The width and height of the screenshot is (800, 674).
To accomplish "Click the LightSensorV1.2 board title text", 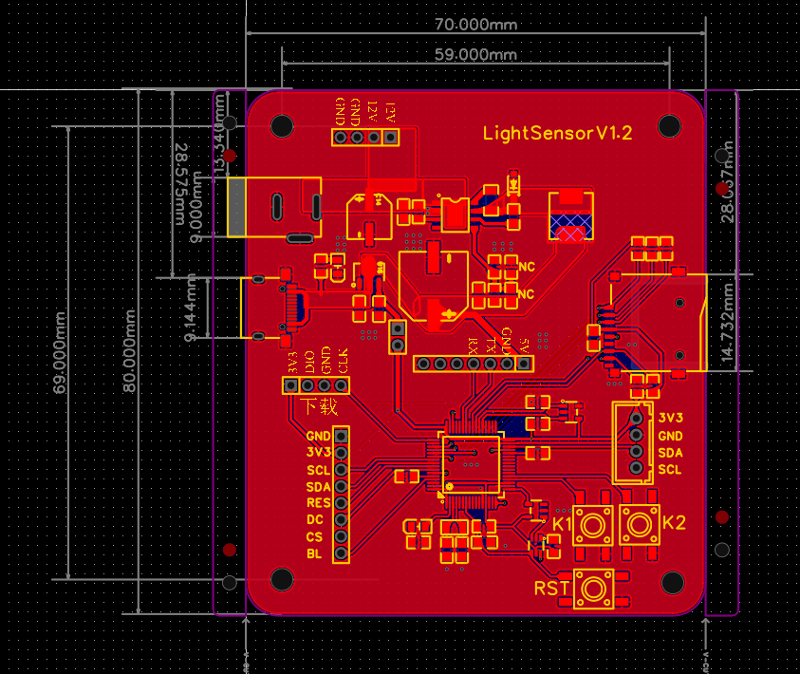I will [x=557, y=133].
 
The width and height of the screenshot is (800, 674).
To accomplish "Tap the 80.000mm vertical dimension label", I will [x=130, y=349].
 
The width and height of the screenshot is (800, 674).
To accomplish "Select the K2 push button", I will [x=640, y=524].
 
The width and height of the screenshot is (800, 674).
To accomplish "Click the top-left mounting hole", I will [x=282, y=125].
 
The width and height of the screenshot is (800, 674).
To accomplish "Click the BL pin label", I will [x=313, y=554].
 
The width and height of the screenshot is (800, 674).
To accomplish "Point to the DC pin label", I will [x=314, y=520].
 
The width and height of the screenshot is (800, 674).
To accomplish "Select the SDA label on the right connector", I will [x=670, y=453].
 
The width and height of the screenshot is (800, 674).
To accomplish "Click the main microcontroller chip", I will [x=470, y=463].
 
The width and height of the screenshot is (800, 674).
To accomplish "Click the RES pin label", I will [x=317, y=503].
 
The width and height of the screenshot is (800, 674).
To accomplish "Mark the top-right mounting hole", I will [x=669, y=125].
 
